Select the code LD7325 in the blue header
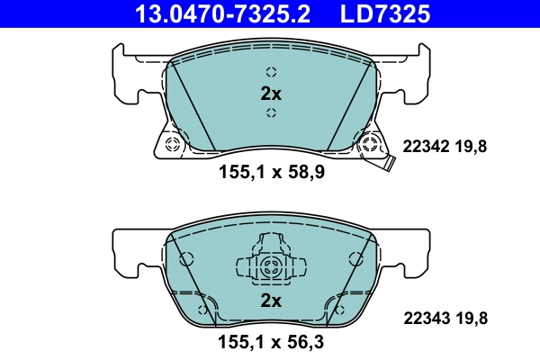pos(373,13)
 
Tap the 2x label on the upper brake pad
pos(271,93)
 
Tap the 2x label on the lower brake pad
pos(271,300)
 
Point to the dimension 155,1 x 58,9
pos(271,173)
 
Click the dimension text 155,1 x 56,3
pos(271,342)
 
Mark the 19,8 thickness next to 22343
pos(470,317)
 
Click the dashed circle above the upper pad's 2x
pos(271,73)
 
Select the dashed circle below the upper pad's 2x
pos(271,112)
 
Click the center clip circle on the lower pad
pos(271,265)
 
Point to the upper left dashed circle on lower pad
pos(186,259)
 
